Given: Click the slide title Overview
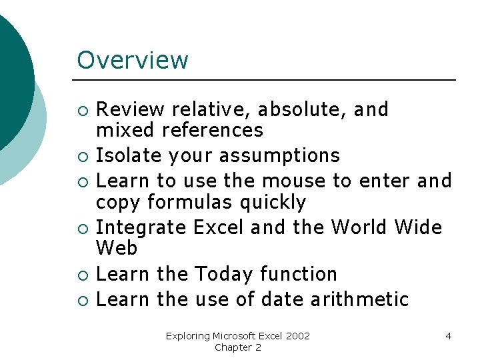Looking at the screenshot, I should (x=133, y=60).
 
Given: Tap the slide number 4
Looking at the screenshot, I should (x=448, y=336).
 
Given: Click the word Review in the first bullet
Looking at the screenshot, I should (x=130, y=109).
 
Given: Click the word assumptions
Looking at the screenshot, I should (x=283, y=156).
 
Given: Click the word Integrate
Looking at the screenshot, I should (x=141, y=227).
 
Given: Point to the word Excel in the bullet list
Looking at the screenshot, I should (x=218, y=227).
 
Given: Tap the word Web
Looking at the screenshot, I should (x=117, y=249).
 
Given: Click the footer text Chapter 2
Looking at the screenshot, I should (x=238, y=347).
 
